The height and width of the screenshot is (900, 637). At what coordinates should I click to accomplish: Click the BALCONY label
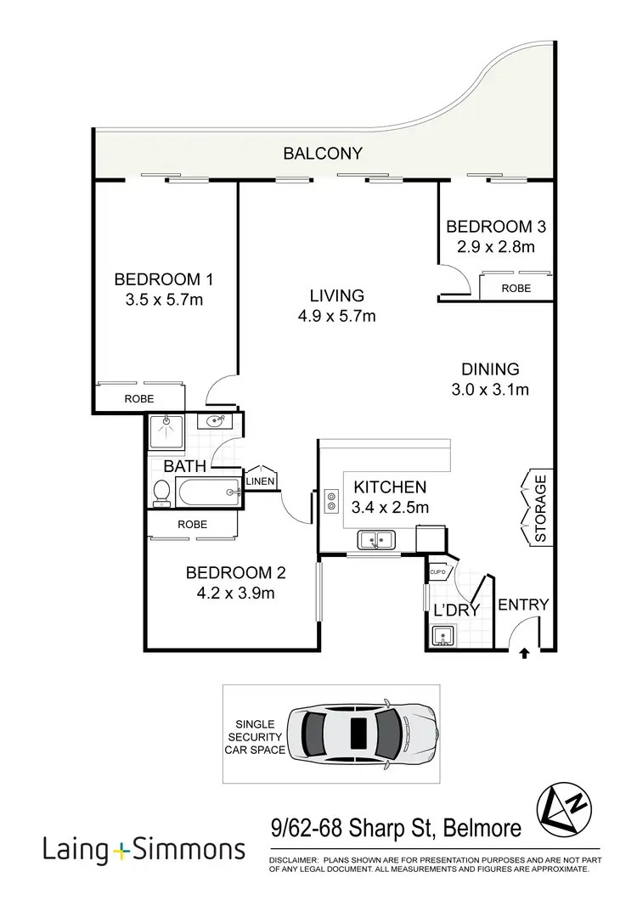click(x=323, y=154)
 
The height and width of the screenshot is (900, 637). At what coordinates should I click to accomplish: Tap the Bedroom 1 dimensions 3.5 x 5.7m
click(x=163, y=299)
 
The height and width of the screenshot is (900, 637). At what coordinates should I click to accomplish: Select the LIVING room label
click(x=336, y=295)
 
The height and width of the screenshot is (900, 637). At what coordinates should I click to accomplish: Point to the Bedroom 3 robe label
click(x=516, y=289)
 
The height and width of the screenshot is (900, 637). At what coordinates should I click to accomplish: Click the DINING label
click(x=490, y=369)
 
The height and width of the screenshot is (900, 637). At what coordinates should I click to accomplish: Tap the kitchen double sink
click(x=375, y=538)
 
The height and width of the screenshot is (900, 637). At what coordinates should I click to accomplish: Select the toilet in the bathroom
click(x=161, y=492)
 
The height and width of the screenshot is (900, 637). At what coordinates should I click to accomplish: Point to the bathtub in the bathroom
click(x=208, y=492)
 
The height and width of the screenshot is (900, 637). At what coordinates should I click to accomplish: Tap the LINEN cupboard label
click(x=261, y=482)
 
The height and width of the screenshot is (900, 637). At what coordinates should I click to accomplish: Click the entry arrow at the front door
click(x=523, y=653)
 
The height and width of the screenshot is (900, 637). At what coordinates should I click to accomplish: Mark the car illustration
click(x=362, y=728)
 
